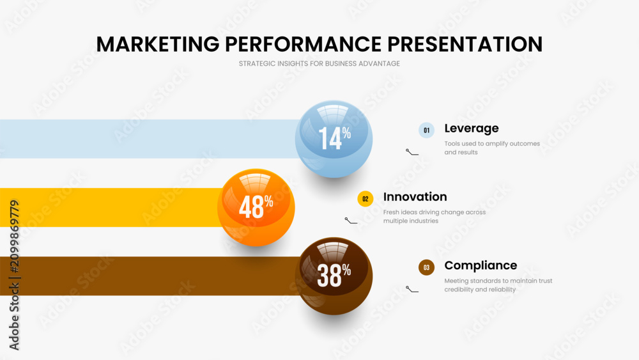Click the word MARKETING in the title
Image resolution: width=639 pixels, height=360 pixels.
tap(158, 44)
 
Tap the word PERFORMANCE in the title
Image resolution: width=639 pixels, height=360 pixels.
tap(303, 44)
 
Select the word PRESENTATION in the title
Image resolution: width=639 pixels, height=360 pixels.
tap(465, 44)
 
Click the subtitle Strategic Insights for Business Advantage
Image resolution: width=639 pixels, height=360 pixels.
tap(319, 63)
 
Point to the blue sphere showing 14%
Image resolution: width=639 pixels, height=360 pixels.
tap(334, 139)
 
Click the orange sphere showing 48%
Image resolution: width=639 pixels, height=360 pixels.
tap(256, 208)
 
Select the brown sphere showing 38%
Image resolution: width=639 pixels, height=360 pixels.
tap(334, 276)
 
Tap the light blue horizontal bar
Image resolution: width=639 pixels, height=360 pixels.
tap(149, 139)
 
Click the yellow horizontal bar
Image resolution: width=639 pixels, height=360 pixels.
tap(110, 208)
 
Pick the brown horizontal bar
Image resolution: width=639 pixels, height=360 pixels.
tap(149, 276)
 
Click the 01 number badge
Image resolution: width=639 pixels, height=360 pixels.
tap(426, 130)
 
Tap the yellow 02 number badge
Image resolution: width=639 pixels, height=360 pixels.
tap(365, 199)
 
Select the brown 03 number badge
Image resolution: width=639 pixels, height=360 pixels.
tap(426, 267)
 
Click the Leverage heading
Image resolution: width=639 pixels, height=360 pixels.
tap(472, 129)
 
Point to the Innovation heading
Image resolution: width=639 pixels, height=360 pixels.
tap(415, 197)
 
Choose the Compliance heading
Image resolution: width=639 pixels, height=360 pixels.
tap(481, 265)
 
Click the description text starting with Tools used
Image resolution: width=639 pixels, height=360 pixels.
tap(492, 148)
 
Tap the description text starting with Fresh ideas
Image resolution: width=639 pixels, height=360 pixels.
tap(435, 217)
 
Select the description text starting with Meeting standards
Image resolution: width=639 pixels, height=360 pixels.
tap(498, 285)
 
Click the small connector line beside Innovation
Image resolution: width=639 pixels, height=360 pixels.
tap(350, 221)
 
